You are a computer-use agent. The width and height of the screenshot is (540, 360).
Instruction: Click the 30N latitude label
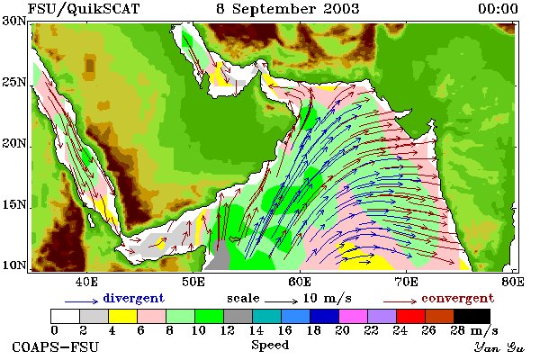14,21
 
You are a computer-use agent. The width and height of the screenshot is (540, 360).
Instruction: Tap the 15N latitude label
14,204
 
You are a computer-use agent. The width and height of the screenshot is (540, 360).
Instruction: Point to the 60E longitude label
300,282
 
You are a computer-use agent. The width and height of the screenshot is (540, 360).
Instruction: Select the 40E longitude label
86,282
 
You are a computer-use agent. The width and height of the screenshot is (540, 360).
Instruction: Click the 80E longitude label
513,282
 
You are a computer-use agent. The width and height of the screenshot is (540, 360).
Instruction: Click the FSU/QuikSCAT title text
84,9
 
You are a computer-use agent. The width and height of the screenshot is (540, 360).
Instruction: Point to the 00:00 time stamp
498,9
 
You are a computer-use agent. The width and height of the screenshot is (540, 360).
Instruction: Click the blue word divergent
133,298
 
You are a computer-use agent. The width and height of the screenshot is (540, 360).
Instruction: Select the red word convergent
458,299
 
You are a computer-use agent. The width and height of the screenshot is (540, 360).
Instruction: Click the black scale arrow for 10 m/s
281,301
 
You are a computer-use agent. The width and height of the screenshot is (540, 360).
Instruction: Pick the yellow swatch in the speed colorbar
122,316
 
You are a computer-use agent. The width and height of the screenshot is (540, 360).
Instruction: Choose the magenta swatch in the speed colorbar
353,316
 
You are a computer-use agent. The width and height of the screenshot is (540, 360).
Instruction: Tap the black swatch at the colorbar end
472,316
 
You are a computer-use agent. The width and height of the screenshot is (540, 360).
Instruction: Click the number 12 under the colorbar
227,331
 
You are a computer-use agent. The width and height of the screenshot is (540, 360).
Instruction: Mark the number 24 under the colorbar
400,331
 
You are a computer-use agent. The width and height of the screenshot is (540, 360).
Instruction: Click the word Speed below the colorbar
270,346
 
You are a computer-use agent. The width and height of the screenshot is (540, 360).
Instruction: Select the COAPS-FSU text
56,346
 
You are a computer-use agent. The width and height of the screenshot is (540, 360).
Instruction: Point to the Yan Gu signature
499,347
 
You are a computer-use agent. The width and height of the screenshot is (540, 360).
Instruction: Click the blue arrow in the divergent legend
82,301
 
